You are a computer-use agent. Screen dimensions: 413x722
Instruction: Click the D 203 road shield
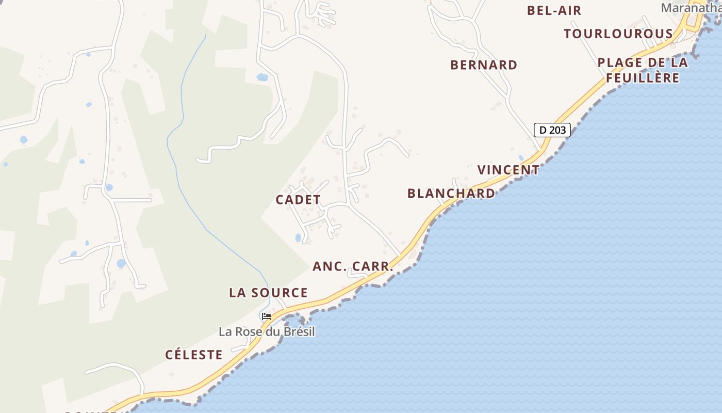(552, 130)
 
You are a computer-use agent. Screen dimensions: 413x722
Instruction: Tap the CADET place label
(298, 200)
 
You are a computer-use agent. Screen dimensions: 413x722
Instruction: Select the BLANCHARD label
(451, 193)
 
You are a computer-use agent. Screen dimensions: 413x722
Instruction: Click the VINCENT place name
(508, 170)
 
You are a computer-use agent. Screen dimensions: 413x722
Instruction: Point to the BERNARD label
(484, 65)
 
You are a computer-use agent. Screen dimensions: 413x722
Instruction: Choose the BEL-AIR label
(554, 10)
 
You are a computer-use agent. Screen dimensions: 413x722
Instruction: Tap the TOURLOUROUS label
(618, 34)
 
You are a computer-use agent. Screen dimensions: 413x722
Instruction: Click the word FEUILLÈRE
(643, 78)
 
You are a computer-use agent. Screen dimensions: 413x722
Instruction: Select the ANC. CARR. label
(353, 266)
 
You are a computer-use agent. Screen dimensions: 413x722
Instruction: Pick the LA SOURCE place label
(268, 293)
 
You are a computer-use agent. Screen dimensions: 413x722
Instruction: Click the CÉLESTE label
(194, 355)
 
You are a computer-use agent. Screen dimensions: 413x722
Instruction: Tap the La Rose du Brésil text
(267, 331)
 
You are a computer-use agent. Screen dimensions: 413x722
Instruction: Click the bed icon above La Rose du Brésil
(267, 316)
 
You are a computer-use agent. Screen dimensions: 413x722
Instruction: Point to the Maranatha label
(691, 8)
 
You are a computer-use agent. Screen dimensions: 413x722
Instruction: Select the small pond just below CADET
(298, 238)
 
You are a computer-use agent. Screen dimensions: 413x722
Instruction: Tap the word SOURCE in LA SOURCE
(281, 293)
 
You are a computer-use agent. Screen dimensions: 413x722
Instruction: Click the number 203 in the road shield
(557, 130)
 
